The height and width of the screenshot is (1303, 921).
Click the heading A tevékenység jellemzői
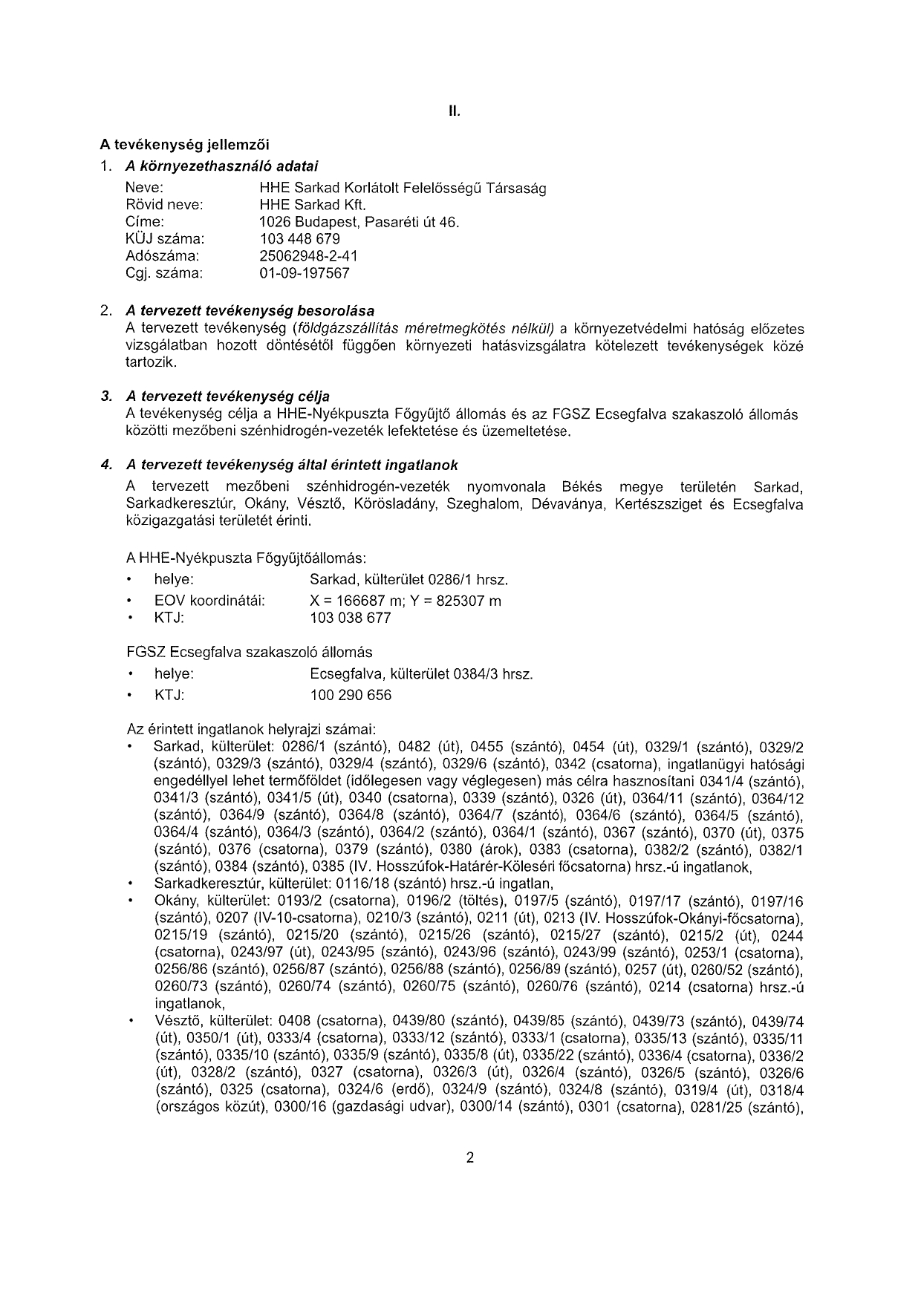click(185, 143)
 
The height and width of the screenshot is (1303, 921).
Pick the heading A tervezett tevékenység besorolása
click(250, 310)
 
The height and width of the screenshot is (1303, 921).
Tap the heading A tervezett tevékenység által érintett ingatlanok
click(292, 466)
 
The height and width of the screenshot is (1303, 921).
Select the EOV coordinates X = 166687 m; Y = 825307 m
click(405, 601)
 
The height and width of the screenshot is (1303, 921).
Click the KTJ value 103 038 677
click(350, 618)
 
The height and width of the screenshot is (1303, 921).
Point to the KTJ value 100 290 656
click(350, 696)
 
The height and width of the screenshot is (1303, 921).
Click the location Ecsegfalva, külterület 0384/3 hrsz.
click(421, 674)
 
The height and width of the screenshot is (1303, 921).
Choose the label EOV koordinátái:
click(209, 601)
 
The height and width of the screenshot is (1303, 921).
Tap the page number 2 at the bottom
click(469, 1157)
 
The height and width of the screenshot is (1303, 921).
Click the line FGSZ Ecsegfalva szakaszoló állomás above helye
click(250, 653)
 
